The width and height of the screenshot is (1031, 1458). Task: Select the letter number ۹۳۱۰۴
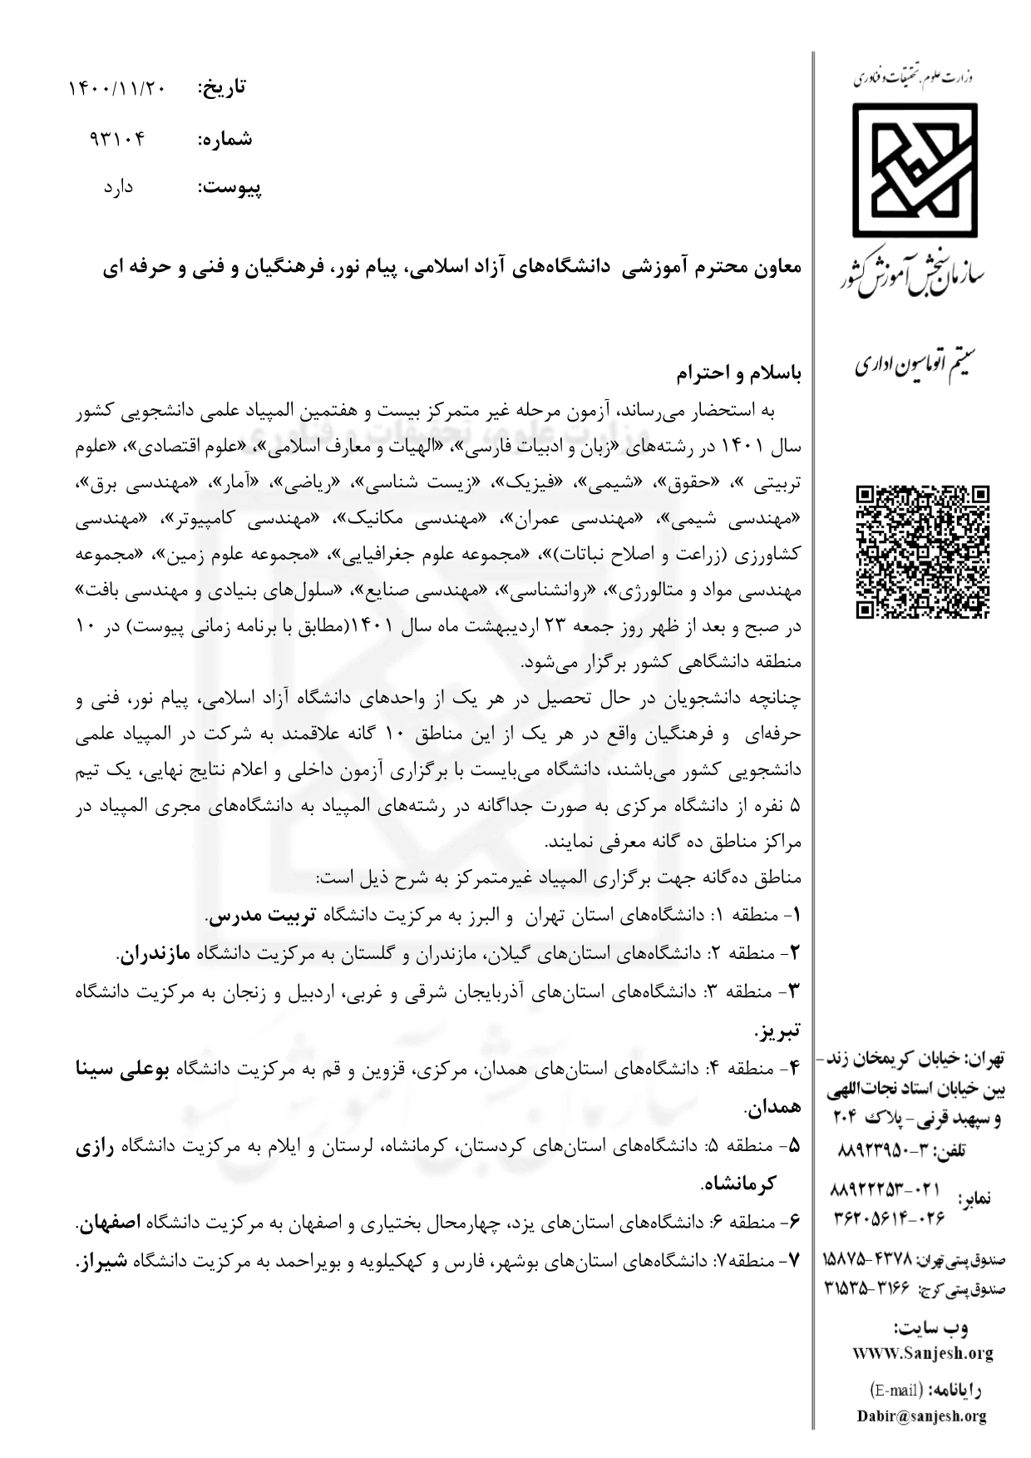point(116,138)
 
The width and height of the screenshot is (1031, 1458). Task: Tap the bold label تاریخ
point(221,86)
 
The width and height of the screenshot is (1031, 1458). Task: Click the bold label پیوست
point(229,188)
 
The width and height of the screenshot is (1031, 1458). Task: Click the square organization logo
point(914,171)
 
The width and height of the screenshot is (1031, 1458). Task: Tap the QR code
point(924,552)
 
